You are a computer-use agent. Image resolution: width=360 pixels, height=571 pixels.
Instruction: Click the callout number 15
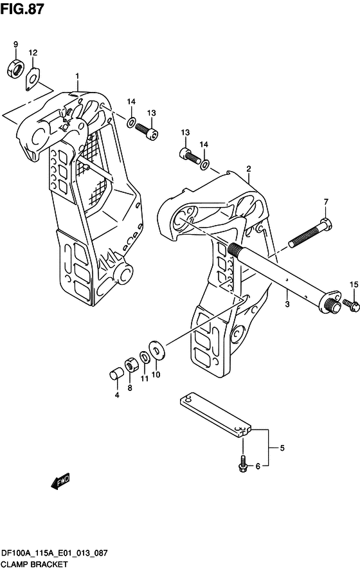(x=352, y=284)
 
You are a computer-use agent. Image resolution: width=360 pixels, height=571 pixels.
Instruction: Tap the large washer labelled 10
(x=156, y=350)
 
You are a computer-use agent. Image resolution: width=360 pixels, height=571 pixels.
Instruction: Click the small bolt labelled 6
(x=242, y=462)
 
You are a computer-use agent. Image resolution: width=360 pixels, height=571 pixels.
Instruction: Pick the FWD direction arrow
(x=60, y=481)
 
